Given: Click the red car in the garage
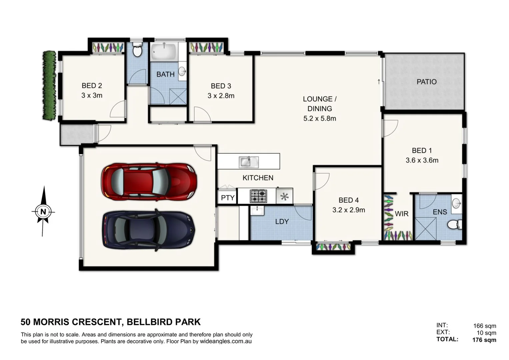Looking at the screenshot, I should [149, 182].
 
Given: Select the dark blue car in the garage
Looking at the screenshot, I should [149, 230].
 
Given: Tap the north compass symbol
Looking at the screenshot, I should [43, 211].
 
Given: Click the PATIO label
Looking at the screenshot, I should [426, 82].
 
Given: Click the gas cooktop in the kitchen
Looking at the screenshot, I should [258, 196].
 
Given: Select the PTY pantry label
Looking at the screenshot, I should [228, 198].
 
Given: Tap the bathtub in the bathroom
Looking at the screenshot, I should [163, 52].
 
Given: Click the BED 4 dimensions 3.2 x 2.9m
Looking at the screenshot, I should [348, 210].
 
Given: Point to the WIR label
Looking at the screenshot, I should [401, 214].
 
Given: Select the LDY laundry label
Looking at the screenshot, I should [282, 221].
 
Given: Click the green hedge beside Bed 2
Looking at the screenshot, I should [49, 85].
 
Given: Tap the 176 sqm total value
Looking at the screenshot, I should [484, 340].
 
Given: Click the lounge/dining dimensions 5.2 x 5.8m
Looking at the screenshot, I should [319, 118].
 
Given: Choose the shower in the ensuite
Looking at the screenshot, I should [425, 229].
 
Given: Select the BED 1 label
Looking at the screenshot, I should [421, 151].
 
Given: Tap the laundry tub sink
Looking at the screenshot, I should [257, 211].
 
